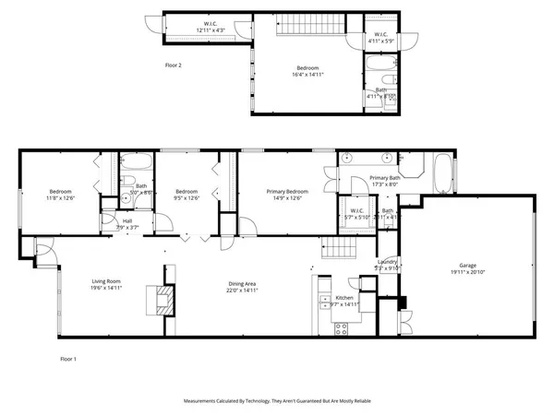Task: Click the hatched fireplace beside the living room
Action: pyautogui.click(x=164, y=301)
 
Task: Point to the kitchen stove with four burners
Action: pyautogui.click(x=339, y=326)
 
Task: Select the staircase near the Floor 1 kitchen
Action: pyautogui.click(x=334, y=245)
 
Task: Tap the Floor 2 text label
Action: pyautogui.click(x=174, y=65)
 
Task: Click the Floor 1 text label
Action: pyautogui.click(x=67, y=358)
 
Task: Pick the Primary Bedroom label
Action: pyautogui.click(x=286, y=191)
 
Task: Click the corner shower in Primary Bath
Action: pyautogui.click(x=413, y=167)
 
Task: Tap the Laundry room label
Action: pyautogui.click(x=388, y=262)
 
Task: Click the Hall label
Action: pyautogui.click(x=127, y=221)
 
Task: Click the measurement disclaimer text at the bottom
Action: pyautogui.click(x=277, y=401)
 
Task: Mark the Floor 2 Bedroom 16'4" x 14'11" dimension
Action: pyautogui.click(x=307, y=74)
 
